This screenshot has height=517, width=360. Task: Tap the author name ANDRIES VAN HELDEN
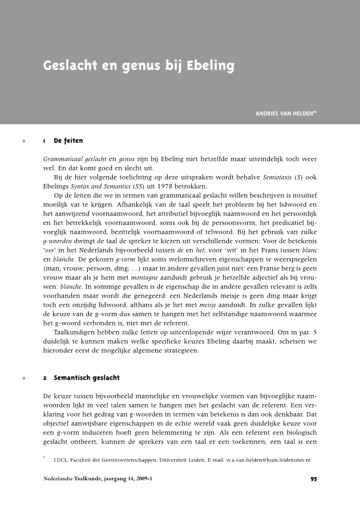[284, 113]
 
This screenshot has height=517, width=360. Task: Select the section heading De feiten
[68, 140]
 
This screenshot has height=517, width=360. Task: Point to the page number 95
[313, 479]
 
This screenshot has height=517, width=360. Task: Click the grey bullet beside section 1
[23, 140]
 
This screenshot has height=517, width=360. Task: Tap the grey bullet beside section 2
[23, 378]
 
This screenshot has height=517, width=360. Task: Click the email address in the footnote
[267, 459]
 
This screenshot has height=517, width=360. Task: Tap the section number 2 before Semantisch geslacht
[45, 378]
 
